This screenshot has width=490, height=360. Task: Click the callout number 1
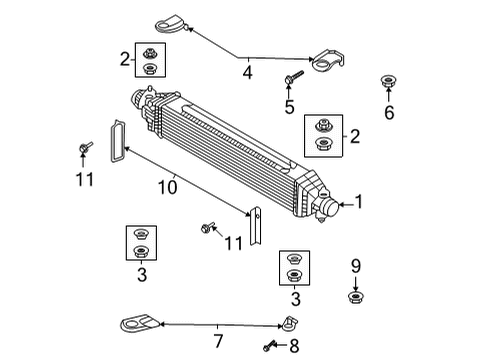[x=360, y=203]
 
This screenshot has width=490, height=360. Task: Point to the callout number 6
[x=388, y=113]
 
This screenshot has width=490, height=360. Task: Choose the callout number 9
[x=355, y=267]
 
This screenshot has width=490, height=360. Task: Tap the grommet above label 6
[x=387, y=81]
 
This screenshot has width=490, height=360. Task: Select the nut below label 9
[x=355, y=296]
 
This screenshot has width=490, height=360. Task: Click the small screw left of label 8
[x=269, y=347]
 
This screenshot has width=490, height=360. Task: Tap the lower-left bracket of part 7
[x=135, y=323]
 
